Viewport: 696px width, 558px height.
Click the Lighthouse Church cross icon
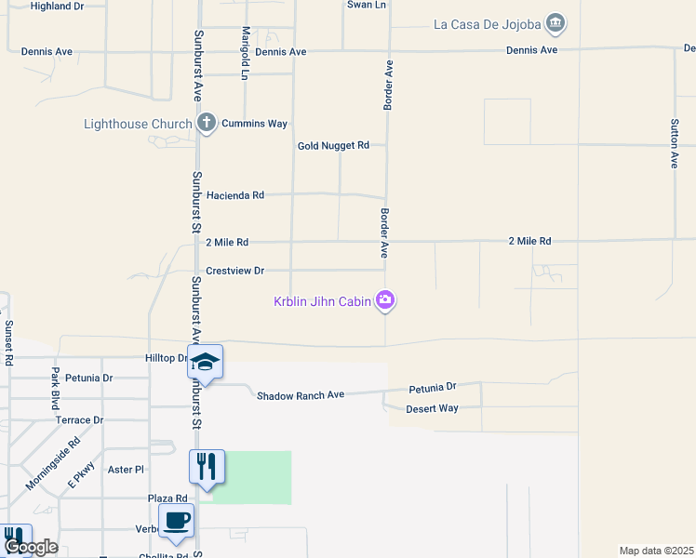click(207, 123)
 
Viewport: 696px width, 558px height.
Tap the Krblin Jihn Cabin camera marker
click(385, 299)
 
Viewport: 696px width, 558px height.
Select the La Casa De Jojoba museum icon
click(555, 22)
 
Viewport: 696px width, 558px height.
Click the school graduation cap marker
click(205, 362)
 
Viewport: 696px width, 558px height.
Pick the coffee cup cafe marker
click(176, 521)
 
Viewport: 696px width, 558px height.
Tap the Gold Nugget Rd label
click(333, 146)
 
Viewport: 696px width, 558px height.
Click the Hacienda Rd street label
click(235, 195)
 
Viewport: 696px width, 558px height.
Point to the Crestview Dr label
click(235, 271)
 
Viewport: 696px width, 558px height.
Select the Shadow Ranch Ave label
click(301, 395)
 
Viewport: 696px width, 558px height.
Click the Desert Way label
click(432, 408)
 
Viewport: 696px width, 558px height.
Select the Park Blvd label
click(55, 389)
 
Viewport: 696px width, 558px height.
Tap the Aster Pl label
click(127, 471)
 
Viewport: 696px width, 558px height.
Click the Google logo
click(31, 547)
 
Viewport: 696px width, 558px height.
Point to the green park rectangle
click(252, 477)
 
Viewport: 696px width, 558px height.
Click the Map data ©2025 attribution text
click(657, 551)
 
